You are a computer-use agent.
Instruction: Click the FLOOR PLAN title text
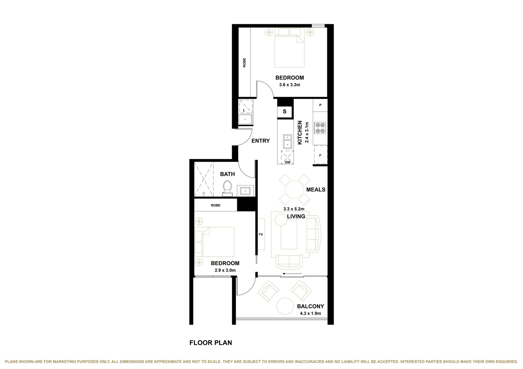pyautogui.click(x=211, y=343)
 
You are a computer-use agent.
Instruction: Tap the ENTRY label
pyautogui.click(x=260, y=141)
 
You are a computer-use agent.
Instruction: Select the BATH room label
pyautogui.click(x=227, y=174)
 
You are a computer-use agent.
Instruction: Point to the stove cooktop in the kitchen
pyautogui.click(x=320, y=127)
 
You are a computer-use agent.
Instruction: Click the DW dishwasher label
pyautogui.click(x=288, y=162)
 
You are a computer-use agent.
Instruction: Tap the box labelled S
pyautogui.click(x=284, y=111)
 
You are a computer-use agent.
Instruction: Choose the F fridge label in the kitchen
pyautogui.click(x=320, y=155)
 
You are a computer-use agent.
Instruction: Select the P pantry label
pyautogui.click(x=320, y=105)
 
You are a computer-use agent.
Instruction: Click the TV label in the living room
pyautogui.click(x=261, y=235)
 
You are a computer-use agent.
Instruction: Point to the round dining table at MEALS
pyautogui.click(x=294, y=189)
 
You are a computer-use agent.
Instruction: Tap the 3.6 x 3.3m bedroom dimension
pyautogui.click(x=290, y=85)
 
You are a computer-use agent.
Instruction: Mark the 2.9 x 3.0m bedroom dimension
pyautogui.click(x=225, y=270)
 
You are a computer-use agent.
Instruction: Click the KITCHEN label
pyautogui.click(x=300, y=132)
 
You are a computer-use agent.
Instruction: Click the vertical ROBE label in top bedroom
pyautogui.click(x=244, y=63)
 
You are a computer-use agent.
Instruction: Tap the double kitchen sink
pyautogui.click(x=287, y=141)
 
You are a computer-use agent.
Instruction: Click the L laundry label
pyautogui.click(x=244, y=111)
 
